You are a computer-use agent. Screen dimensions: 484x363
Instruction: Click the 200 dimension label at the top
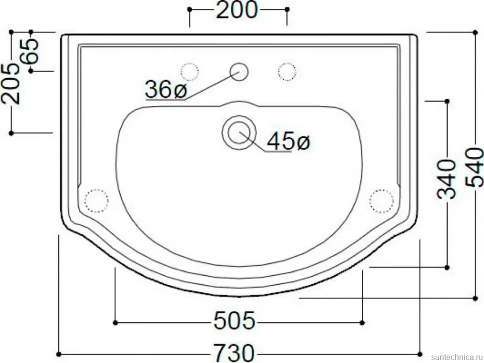click(237, 10)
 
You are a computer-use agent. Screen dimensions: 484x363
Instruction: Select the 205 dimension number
click(11, 84)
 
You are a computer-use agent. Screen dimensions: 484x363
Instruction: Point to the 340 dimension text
click(447, 178)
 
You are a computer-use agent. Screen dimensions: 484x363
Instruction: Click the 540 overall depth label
click(475, 167)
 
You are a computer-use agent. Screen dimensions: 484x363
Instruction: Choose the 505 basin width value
click(235, 321)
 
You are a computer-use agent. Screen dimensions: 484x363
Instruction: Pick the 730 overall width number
click(235, 353)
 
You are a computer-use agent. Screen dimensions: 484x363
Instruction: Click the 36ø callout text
click(166, 89)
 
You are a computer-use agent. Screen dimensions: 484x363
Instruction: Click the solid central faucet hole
click(239, 72)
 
